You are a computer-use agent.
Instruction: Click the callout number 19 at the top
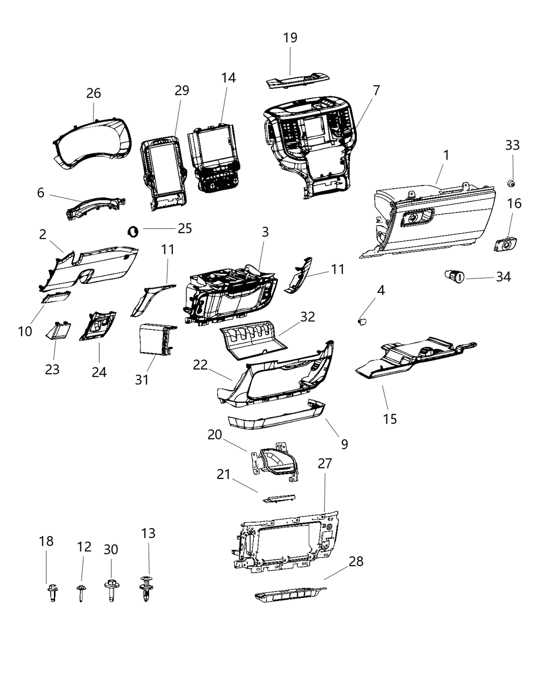click(290, 38)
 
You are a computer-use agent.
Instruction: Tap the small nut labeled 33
click(511, 183)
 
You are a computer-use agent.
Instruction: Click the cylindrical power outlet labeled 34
click(454, 275)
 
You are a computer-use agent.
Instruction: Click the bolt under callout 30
click(111, 590)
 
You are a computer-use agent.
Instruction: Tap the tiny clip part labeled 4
click(362, 320)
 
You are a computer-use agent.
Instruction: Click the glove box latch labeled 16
click(505, 245)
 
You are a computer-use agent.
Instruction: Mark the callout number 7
click(376, 91)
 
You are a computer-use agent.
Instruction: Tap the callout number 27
click(325, 464)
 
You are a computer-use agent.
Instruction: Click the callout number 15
click(390, 419)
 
